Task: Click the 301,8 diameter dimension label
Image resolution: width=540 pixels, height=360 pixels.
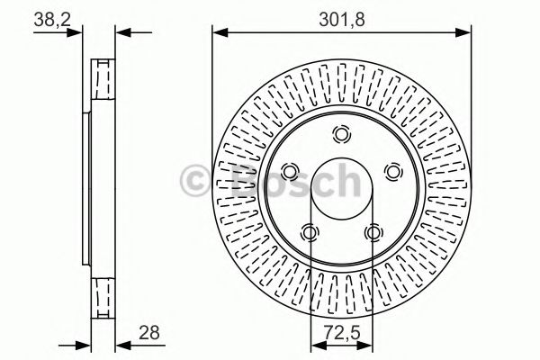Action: click(341, 15)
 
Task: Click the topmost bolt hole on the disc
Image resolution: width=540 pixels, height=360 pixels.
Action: click(341, 135)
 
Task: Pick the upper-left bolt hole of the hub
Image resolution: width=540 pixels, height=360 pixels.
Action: click(291, 171)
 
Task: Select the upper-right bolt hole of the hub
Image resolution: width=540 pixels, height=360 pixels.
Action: click(391, 171)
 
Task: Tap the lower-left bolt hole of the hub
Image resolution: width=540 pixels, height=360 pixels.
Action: click(310, 232)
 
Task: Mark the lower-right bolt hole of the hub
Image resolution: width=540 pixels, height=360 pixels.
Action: click(373, 232)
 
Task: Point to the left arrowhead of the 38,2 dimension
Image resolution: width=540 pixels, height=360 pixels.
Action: click(83, 34)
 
